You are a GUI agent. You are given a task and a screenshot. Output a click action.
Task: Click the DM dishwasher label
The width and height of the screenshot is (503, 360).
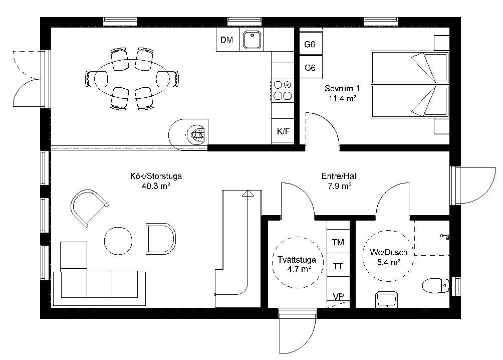click(226, 40)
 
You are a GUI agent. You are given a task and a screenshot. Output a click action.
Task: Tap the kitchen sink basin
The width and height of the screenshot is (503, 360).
click(253, 40)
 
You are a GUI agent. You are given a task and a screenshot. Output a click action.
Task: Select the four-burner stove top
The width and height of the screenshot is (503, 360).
click(283, 90)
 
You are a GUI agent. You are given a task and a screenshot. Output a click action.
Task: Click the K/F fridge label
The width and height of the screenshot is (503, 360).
click(283, 131)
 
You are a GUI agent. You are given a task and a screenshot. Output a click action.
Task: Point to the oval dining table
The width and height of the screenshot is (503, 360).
click(132, 79)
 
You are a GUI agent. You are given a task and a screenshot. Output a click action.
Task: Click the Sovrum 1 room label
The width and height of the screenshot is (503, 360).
click(342, 88)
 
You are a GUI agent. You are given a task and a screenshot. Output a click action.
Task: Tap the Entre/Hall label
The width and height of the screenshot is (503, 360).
click(339, 176)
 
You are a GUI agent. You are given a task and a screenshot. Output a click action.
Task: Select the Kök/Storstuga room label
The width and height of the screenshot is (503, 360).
click(156, 176)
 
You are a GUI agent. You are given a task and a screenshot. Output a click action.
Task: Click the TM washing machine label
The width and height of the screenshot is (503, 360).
click(338, 242)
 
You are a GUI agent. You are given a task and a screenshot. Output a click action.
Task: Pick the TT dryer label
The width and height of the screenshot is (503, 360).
click(338, 266)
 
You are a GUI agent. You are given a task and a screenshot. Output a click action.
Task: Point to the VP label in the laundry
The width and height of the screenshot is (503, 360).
click(339, 296)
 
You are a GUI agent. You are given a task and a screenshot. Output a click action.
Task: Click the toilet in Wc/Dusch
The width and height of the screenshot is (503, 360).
click(436, 285)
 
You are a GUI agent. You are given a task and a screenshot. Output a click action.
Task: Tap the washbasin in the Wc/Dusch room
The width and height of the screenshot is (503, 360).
click(387, 299)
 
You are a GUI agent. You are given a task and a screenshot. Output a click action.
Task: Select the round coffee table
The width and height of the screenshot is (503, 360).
click(118, 241)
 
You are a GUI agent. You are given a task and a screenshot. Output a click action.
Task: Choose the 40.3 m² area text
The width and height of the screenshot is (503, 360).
click(156, 186)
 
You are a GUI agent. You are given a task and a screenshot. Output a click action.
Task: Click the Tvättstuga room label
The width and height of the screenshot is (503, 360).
click(297, 260)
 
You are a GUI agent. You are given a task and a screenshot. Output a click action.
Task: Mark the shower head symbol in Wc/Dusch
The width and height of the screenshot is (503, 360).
click(445, 237)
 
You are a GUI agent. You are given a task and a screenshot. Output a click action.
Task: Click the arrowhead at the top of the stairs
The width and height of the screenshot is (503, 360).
click(247, 194)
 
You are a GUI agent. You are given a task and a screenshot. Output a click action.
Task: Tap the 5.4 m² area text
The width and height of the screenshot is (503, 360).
click(388, 262)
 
